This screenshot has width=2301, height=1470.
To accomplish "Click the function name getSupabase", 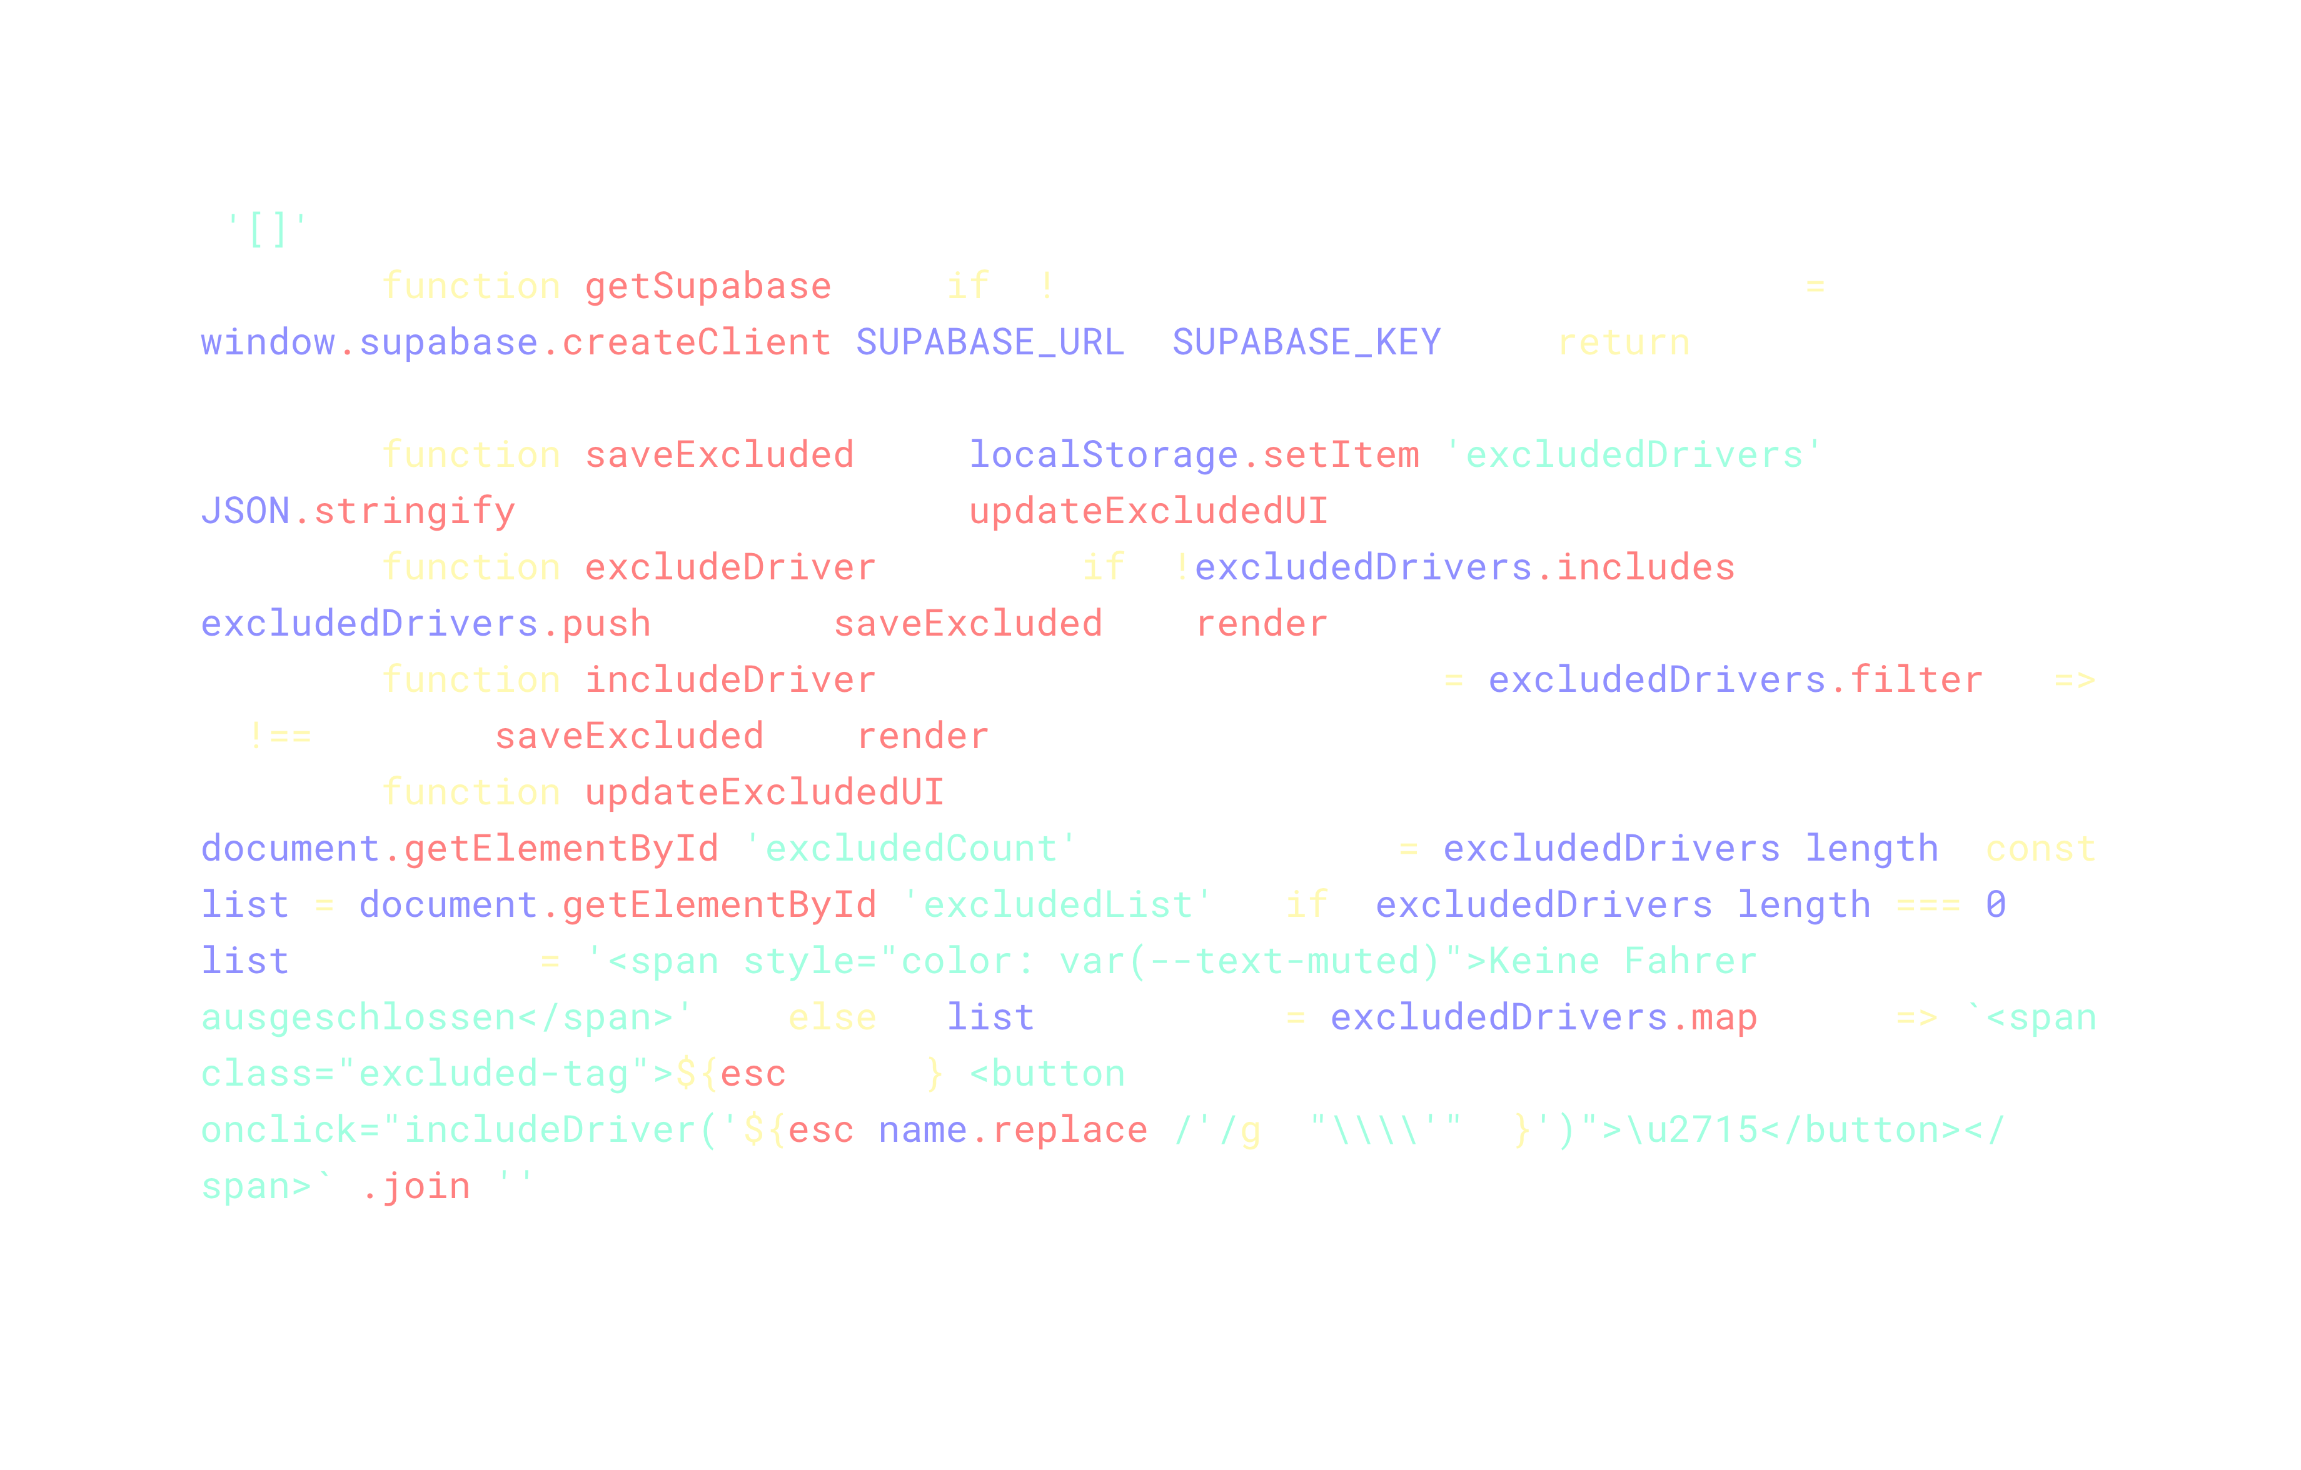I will (708, 286).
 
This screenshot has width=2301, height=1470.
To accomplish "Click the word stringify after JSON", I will (415, 512).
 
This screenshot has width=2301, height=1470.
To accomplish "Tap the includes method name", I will (1644, 568).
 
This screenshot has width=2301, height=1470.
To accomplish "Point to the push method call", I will (606, 624).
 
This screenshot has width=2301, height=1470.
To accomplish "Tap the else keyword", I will (832, 1018).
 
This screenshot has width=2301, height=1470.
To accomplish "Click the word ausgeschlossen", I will (358, 1018).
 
